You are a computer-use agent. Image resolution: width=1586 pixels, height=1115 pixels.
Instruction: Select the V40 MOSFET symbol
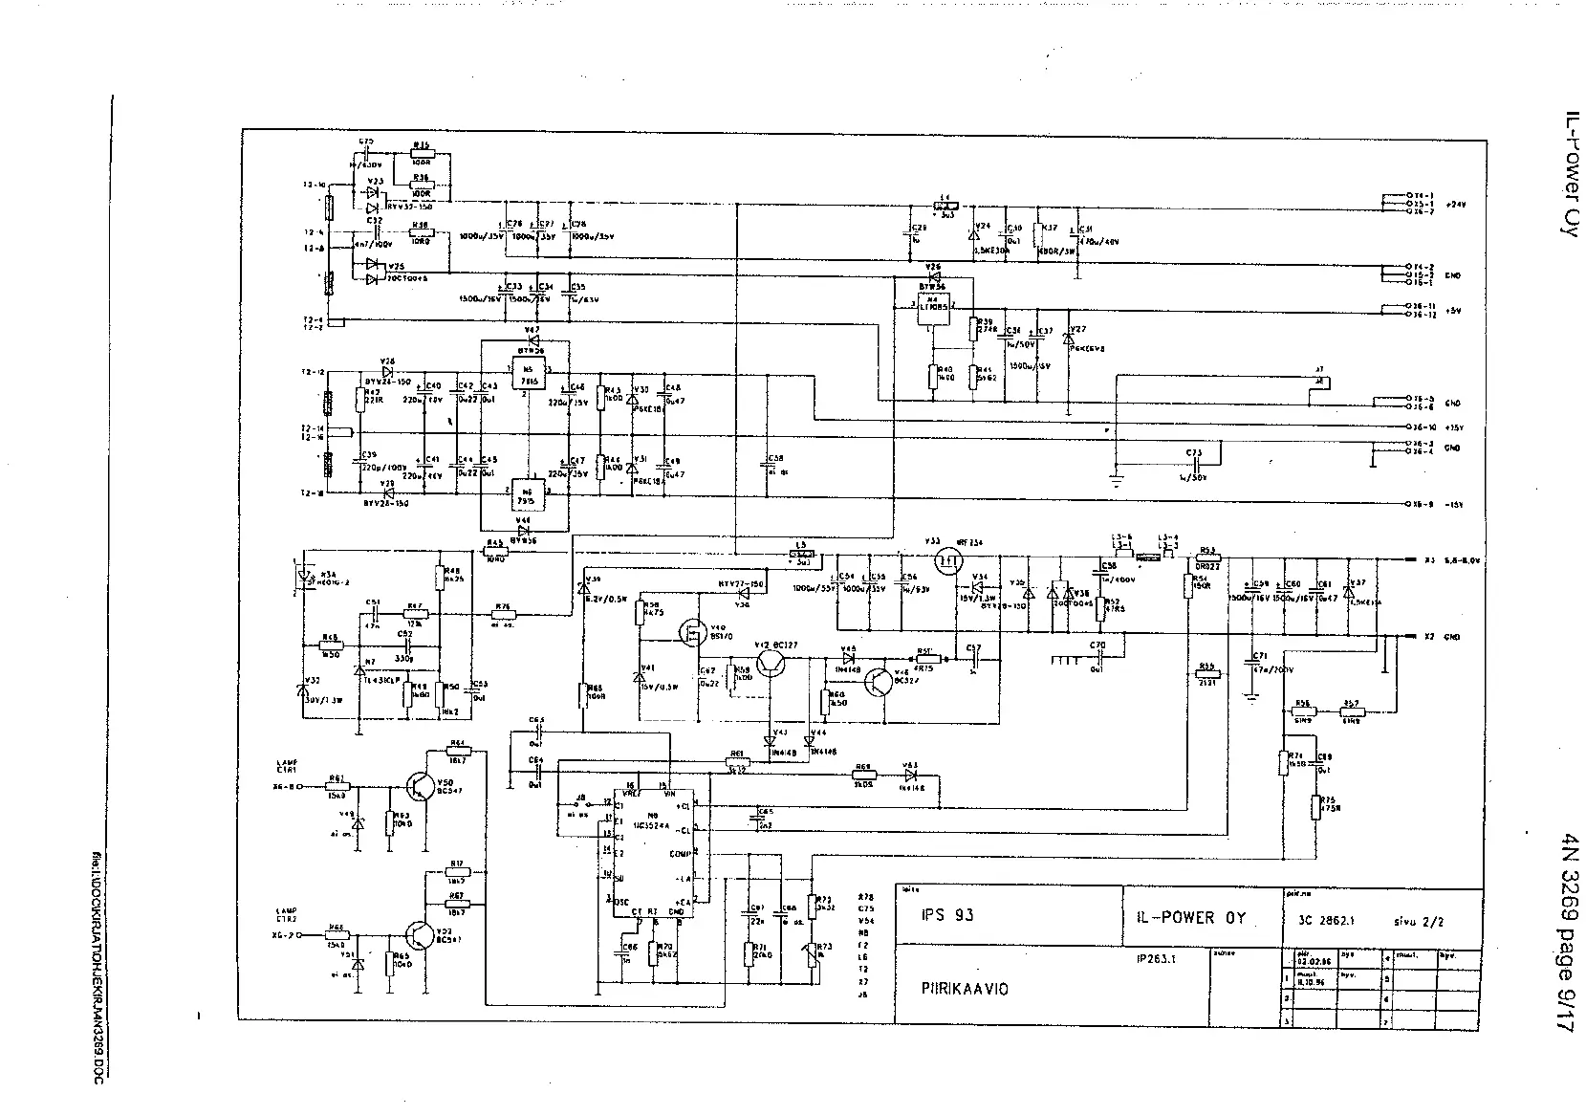[x=689, y=632]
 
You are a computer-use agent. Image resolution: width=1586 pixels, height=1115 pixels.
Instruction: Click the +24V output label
[x=1455, y=205]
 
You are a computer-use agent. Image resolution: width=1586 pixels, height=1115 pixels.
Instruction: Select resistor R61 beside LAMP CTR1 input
[x=337, y=786]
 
